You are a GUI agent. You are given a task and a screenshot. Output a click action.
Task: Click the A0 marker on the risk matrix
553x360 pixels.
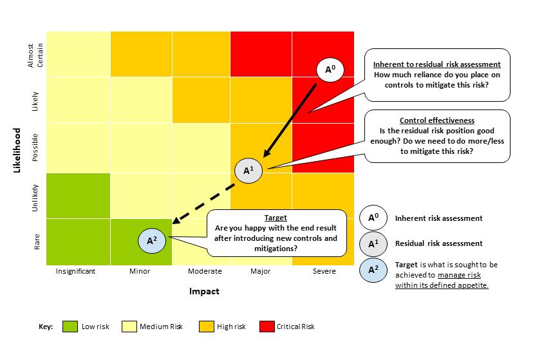329,69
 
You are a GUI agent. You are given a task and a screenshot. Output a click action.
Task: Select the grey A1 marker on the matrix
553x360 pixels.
248,171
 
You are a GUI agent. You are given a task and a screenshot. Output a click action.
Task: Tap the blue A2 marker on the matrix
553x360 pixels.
152,240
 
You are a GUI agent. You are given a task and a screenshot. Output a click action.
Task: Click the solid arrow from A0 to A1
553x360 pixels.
290,119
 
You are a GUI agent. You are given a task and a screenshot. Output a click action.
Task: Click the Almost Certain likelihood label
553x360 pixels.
35,54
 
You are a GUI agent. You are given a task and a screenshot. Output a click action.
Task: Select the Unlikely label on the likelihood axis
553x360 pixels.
35,196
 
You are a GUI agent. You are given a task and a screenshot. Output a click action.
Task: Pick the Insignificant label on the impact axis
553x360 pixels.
75,271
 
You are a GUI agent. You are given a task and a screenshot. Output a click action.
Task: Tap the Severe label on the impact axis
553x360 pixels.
324,271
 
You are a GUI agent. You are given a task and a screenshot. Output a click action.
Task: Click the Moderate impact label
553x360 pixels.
205,271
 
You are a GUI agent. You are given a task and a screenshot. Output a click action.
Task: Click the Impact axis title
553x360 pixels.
204,291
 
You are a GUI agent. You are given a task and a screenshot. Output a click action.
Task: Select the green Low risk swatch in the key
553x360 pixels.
70,327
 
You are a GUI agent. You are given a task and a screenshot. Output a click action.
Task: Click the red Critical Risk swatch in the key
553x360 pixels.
265,327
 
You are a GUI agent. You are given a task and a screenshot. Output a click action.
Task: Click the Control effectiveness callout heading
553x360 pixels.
437,120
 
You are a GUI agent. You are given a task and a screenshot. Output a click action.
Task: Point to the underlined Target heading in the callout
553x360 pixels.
276,218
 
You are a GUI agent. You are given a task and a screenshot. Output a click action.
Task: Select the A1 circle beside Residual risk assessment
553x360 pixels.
373,243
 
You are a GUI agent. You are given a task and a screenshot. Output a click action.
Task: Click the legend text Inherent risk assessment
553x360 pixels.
438,218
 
